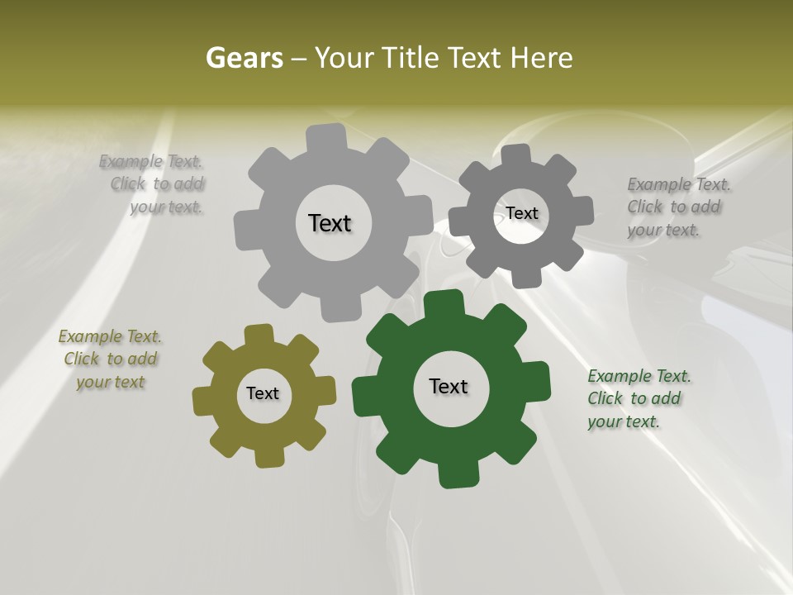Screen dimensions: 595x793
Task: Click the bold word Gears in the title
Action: pos(244,58)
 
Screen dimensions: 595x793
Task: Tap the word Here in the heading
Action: pos(542,58)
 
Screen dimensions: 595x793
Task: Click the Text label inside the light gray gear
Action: pos(330,223)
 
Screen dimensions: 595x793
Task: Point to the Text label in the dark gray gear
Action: pos(522,213)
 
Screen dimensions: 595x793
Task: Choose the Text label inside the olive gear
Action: pos(263,393)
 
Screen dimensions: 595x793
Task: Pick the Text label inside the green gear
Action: pos(449,386)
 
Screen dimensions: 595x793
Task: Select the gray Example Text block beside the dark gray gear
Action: pos(677,207)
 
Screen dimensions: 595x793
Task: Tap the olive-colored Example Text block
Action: pos(110,359)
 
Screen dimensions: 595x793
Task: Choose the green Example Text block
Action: pos(638,398)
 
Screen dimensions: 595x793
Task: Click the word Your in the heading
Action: pos(347,58)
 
